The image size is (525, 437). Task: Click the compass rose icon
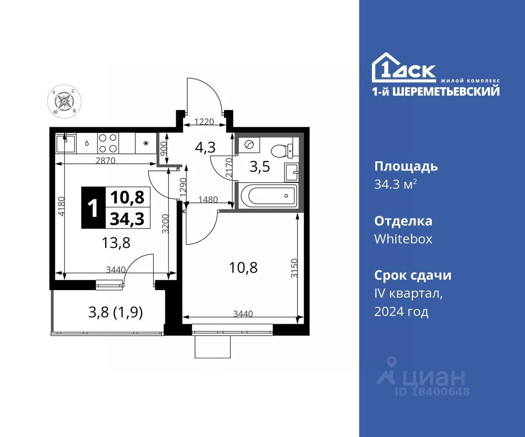tap(64, 101)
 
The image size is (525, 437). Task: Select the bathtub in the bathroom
tap(269, 196)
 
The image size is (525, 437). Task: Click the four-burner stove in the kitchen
tap(108, 143)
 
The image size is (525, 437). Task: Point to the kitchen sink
tap(65, 144)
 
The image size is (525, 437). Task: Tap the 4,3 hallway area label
tap(205, 147)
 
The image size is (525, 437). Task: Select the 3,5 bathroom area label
tap(259, 166)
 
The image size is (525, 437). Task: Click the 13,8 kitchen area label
tap(116, 243)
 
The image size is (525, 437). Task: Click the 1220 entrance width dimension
tap(204, 122)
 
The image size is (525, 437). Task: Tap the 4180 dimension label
tap(61, 206)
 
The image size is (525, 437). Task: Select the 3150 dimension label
tap(294, 268)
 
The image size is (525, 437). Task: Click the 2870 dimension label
tap(105, 160)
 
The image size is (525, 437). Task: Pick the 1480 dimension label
tap(208, 200)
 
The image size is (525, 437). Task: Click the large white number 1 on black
tap(93, 208)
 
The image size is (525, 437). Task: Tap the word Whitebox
tap(403, 239)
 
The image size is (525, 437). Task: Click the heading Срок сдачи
tap(413, 275)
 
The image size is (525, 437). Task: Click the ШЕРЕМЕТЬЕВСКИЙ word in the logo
tap(446, 91)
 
